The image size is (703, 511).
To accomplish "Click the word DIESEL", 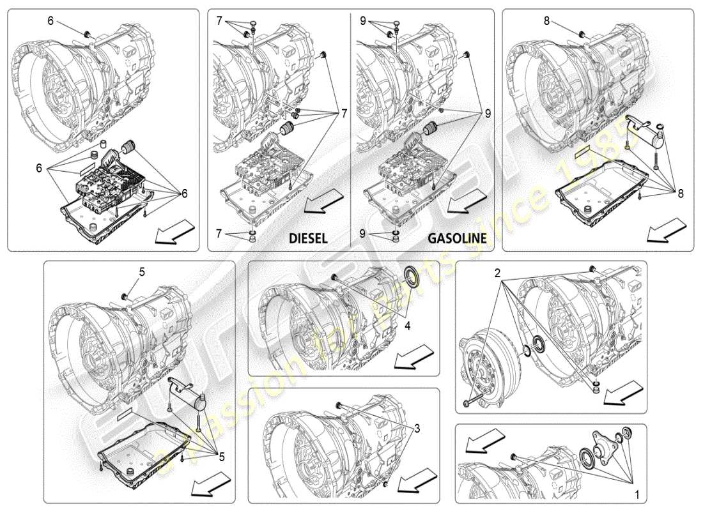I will tap(308, 238).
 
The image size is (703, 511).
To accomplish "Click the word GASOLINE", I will tap(457, 238).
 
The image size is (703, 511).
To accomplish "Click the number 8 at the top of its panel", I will tap(546, 21).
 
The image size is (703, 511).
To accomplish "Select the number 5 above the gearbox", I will tap(142, 271).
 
